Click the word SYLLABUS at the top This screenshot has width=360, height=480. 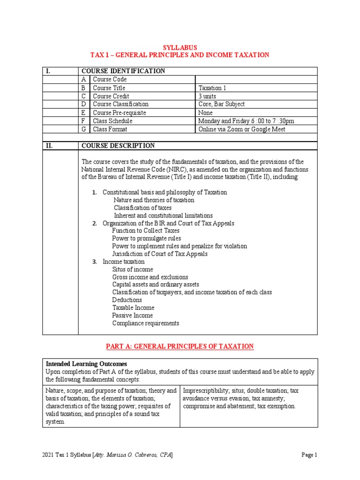pyautogui.click(x=180, y=47)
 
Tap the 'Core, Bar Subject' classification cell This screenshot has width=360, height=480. pyautogui.click(x=222, y=104)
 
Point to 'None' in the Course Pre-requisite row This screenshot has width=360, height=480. pyautogui.click(x=205, y=112)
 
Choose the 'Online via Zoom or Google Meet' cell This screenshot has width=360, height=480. pyautogui.click(x=241, y=129)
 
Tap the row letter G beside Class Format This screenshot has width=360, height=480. pyautogui.click(x=84, y=129)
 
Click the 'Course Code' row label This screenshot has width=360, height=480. pyautogui.click(x=110, y=79)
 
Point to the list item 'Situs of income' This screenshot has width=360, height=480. pyautogui.click(x=132, y=269)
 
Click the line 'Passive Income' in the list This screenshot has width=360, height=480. pyautogui.click(x=133, y=315)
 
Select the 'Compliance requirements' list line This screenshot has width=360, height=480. pyautogui.click(x=145, y=323)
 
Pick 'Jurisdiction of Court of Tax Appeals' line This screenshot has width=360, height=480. pyautogui.click(x=160, y=254)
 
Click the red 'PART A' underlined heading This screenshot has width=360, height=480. pyautogui.click(x=180, y=346)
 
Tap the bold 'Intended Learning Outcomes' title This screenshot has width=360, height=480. pyautogui.click(x=86, y=364)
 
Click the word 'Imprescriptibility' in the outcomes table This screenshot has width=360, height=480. pyautogui.click(x=204, y=390)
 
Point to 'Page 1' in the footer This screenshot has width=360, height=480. pyautogui.click(x=310, y=455)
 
